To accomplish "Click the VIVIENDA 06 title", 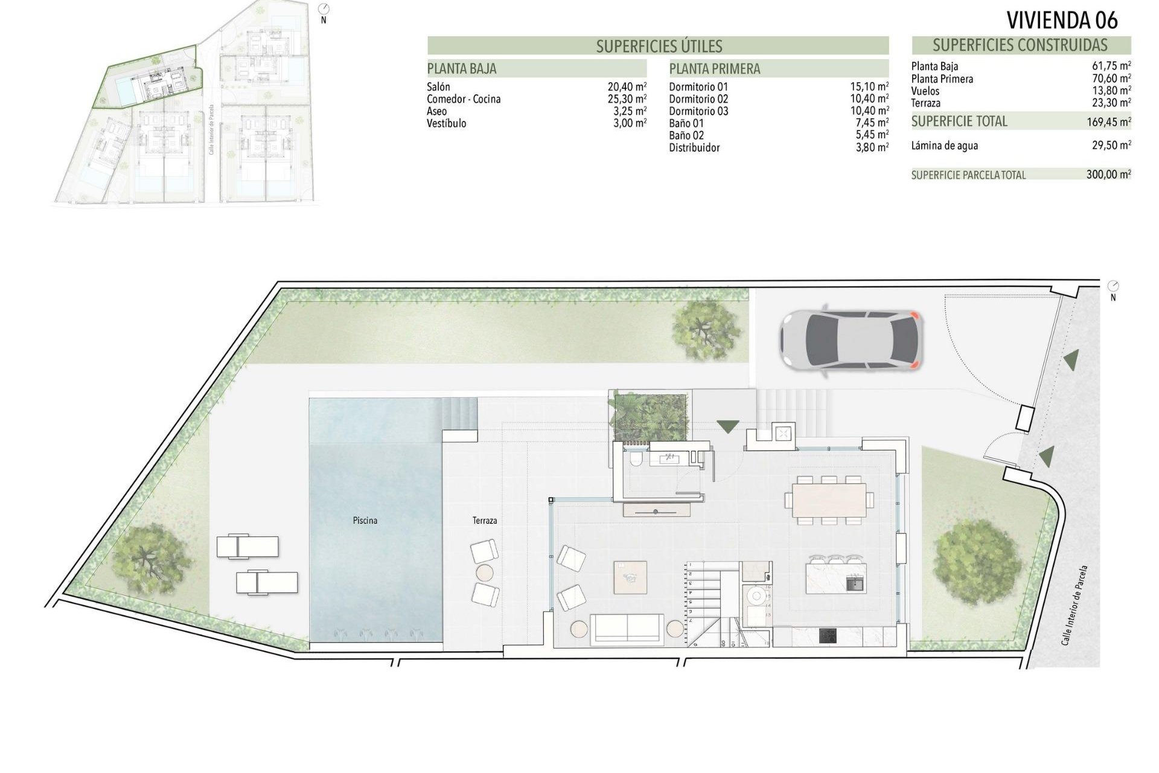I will pyautogui.click(x=1062, y=20).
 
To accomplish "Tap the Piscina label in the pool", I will pyautogui.click(x=365, y=520).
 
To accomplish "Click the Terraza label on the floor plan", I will pyautogui.click(x=485, y=520).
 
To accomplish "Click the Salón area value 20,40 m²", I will pyautogui.click(x=627, y=87).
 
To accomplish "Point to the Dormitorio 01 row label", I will pyautogui.click(x=698, y=87).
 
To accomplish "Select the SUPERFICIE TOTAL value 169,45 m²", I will pyautogui.click(x=1108, y=122).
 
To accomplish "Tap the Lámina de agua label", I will pyautogui.click(x=945, y=146).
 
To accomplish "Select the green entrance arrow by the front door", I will pyautogui.click(x=728, y=426).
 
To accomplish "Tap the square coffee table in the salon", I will pyautogui.click(x=630, y=577).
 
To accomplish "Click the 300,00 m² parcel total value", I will pyautogui.click(x=1108, y=175).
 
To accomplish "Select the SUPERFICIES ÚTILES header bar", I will pyautogui.click(x=658, y=46).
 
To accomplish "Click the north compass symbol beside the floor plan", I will pyautogui.click(x=1113, y=286).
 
